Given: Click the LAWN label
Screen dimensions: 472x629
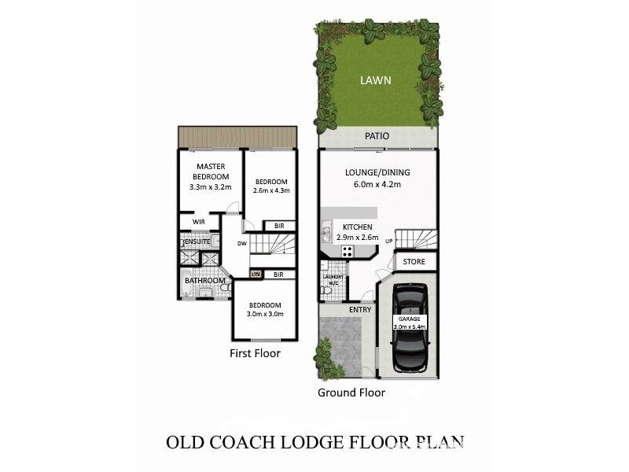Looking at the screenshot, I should click(375, 80).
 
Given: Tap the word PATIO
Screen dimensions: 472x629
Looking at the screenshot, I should click(377, 136).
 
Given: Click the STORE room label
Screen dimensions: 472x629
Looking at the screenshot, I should click(414, 261).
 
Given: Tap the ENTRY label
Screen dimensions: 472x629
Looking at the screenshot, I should click(360, 310).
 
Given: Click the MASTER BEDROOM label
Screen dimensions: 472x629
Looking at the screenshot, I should click(211, 171).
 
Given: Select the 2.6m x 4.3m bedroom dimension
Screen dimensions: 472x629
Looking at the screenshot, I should click(272, 190).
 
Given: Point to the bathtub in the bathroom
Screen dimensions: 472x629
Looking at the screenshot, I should click(186, 289).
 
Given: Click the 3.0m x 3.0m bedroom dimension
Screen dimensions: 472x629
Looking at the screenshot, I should click(265, 315).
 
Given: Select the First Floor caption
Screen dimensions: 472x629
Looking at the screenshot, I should click(254, 353).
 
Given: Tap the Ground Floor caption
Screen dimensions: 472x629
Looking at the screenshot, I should click(351, 392).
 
